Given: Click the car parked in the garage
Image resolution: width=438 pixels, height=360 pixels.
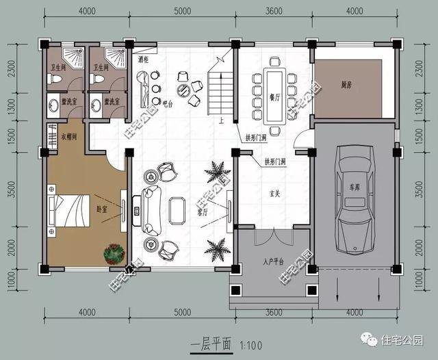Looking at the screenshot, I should (x=352, y=203).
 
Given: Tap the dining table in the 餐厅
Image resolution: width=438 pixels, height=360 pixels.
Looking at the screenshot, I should (x=274, y=92).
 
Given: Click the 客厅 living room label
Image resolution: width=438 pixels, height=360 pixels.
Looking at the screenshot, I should (x=203, y=213).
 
